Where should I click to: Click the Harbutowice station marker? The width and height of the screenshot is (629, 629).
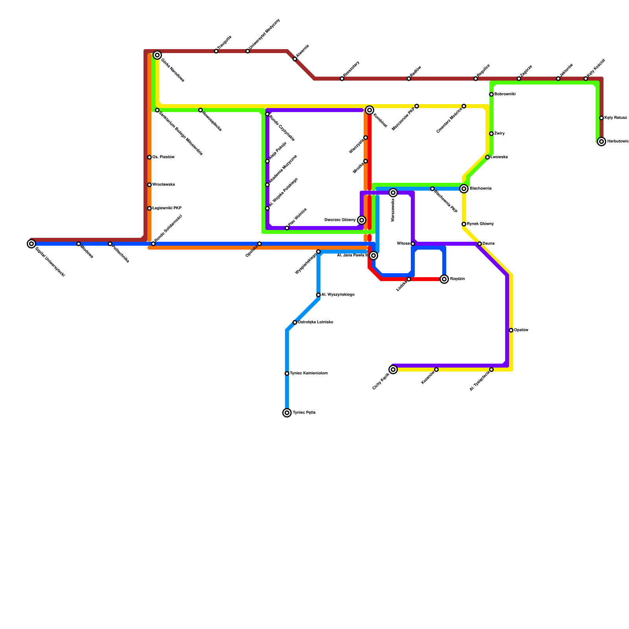pyautogui.click(x=601, y=142)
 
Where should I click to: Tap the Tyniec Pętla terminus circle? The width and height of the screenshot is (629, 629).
pyautogui.click(x=287, y=413)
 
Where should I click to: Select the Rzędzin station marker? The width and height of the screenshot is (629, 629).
pyautogui.click(x=444, y=279)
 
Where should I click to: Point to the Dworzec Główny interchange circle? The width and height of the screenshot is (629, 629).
pyautogui.click(x=362, y=220)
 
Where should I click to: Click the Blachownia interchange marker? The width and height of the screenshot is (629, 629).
pyautogui.click(x=464, y=189)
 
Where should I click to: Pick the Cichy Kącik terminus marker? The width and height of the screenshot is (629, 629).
pyautogui.click(x=393, y=370)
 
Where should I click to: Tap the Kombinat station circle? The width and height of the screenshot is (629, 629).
pyautogui.click(x=370, y=110)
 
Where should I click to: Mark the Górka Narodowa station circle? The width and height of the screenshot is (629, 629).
pyautogui.click(x=157, y=55)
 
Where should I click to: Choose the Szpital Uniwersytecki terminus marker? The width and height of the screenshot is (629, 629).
pyautogui.click(x=31, y=244)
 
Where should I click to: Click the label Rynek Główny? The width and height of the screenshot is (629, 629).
pyautogui.click(x=480, y=224)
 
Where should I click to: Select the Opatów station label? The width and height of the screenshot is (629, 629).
pyautogui.click(x=521, y=330)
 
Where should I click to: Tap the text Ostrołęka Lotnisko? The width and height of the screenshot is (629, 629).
pyautogui.click(x=315, y=322)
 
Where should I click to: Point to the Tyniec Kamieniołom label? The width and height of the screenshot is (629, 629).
pyautogui.click(x=309, y=373)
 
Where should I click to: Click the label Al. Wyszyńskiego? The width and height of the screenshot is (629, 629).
pyautogui.click(x=338, y=295)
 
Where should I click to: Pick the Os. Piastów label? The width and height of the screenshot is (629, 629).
pyautogui.click(x=163, y=157)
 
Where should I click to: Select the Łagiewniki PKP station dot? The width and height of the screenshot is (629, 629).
pyautogui.click(x=149, y=208)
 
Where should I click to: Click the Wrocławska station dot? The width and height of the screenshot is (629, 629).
pyautogui.click(x=149, y=185)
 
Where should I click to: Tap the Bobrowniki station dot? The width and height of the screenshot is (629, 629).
pyautogui.click(x=491, y=94)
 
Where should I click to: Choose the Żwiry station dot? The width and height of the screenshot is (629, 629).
pyautogui.click(x=491, y=134)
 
